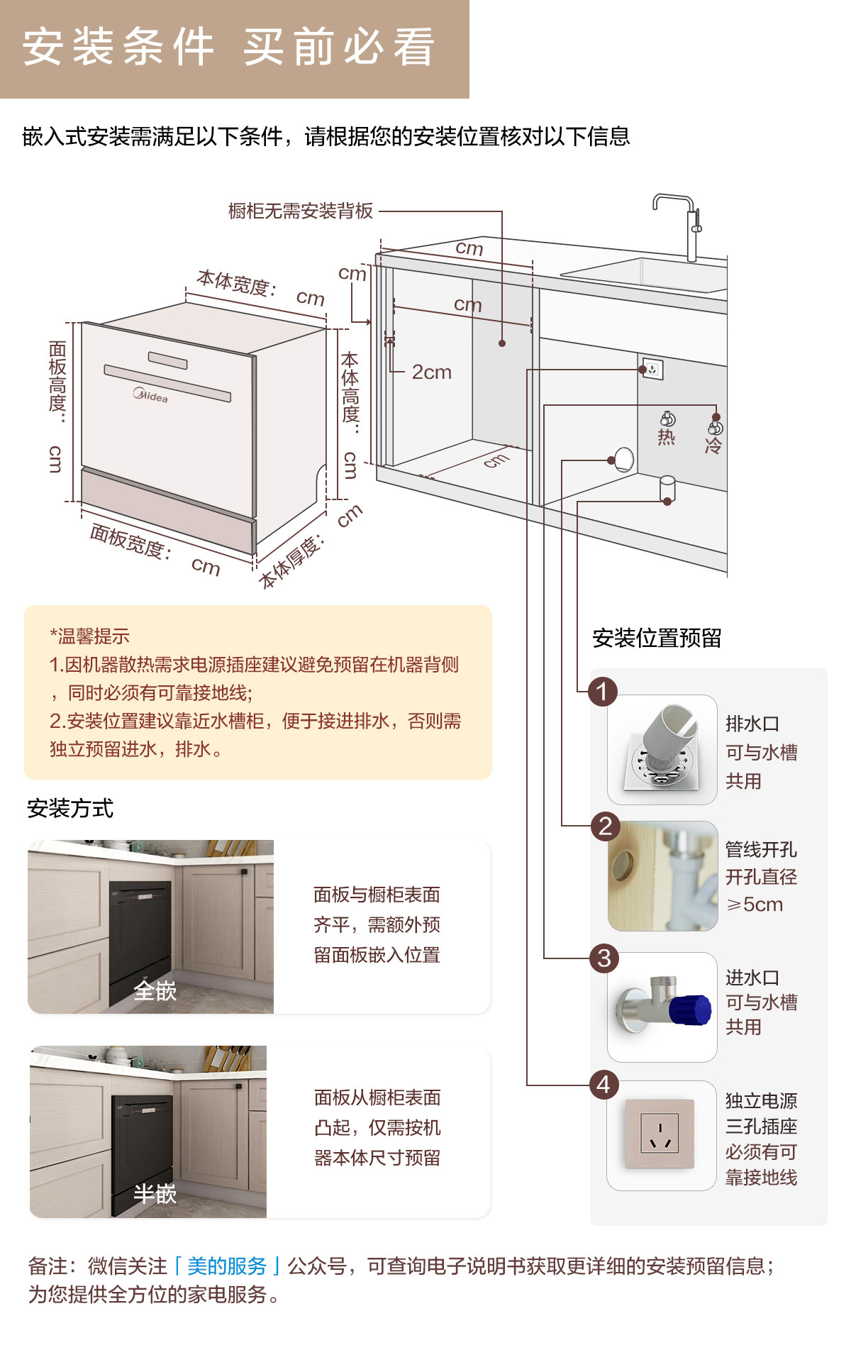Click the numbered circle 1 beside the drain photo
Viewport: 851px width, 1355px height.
click(x=603, y=692)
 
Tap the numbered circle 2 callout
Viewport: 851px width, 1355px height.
click(x=605, y=826)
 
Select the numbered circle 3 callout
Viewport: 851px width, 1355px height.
click(x=604, y=958)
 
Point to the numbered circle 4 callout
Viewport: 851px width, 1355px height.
click(x=604, y=1085)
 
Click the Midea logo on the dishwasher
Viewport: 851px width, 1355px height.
click(x=150, y=395)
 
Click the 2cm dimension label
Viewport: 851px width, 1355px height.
click(x=432, y=372)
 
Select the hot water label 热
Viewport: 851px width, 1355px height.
click(x=666, y=437)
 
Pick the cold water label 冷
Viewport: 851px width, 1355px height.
click(x=713, y=446)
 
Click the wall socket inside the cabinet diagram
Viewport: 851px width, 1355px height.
click(x=652, y=370)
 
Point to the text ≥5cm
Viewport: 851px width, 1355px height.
click(x=755, y=905)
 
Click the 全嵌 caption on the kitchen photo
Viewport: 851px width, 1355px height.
click(x=155, y=990)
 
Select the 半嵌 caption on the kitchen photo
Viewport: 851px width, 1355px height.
click(x=155, y=1194)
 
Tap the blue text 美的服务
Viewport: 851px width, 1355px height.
click(x=227, y=1266)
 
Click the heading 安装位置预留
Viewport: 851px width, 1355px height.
click(x=657, y=638)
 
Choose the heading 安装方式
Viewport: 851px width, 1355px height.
click(x=70, y=808)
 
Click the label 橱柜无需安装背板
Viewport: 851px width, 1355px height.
click(x=301, y=211)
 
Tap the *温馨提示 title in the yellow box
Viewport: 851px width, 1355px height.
click(x=89, y=636)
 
